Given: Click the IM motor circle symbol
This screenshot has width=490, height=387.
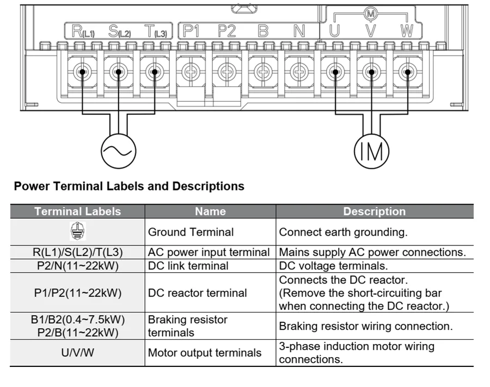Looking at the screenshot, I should pyautogui.click(x=372, y=151).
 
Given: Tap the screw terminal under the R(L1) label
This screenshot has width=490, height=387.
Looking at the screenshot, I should pyautogui.click(x=82, y=72).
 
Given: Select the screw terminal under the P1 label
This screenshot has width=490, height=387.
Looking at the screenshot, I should pyautogui.click(x=190, y=72).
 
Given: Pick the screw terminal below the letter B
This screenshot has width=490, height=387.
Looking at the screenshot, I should pyautogui.click(x=263, y=72).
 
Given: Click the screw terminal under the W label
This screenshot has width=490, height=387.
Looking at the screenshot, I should pyautogui.click(x=406, y=72).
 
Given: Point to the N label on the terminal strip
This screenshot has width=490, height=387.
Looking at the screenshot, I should pyautogui.click(x=299, y=32).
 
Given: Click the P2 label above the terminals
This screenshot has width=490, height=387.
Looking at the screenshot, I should pyautogui.click(x=226, y=32).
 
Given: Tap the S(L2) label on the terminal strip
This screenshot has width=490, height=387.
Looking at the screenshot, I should pyautogui.click(x=119, y=32).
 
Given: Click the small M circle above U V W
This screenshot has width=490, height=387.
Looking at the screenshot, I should pyautogui.click(x=371, y=13).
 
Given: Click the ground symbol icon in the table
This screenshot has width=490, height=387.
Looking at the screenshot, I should pyautogui.click(x=77, y=231).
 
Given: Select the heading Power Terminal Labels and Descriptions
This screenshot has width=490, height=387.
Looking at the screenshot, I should pyautogui.click(x=129, y=186).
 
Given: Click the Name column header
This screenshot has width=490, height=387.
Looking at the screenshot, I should pyautogui.click(x=210, y=211).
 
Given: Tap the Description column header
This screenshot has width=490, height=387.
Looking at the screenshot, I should pyautogui.click(x=374, y=211).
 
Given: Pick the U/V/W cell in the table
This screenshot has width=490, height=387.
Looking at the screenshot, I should pyautogui.click(x=77, y=353).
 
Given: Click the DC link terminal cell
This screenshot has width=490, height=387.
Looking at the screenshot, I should pyautogui.click(x=188, y=266).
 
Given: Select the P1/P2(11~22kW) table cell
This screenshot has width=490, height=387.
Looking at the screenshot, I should pyautogui.click(x=77, y=293).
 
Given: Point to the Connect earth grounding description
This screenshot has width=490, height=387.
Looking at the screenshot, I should pyautogui.click(x=343, y=232).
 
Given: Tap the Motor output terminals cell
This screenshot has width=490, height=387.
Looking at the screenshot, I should pyautogui.click(x=205, y=353).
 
